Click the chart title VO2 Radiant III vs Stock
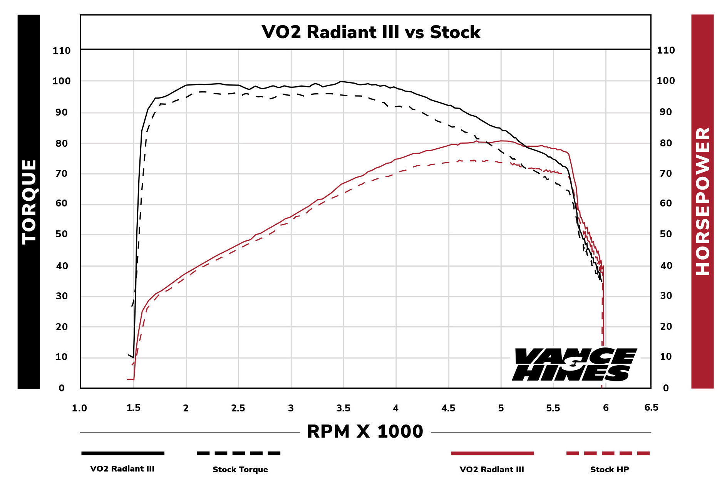pyautogui.click(x=371, y=32)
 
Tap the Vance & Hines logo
pyautogui.click(x=574, y=364)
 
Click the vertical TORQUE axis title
pyautogui.click(x=29, y=201)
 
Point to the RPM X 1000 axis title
pyautogui.click(x=365, y=431)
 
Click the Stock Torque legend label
pyautogui.click(x=240, y=469)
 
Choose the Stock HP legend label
pyautogui.click(x=609, y=469)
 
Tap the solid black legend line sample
pyautogui.click(x=123, y=453)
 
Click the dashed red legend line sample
pyautogui.click(x=608, y=453)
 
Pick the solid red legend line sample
pyautogui.click(x=492, y=453)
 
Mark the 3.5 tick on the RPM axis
pyautogui.click(x=343, y=408)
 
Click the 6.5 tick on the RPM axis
pyautogui.click(x=651, y=408)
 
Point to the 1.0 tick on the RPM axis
pyautogui.click(x=79, y=408)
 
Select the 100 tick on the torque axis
pyautogui.click(x=62, y=81)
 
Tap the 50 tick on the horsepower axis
pyautogui.click(x=666, y=234)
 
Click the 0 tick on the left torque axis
pyautogui.click(x=62, y=388)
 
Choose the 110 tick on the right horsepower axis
pyautogui.click(x=666, y=50)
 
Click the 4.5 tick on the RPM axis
pyautogui.click(x=448, y=408)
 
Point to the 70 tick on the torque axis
pyautogui.click(x=62, y=174)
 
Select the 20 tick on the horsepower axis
pyautogui.click(x=666, y=327)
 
